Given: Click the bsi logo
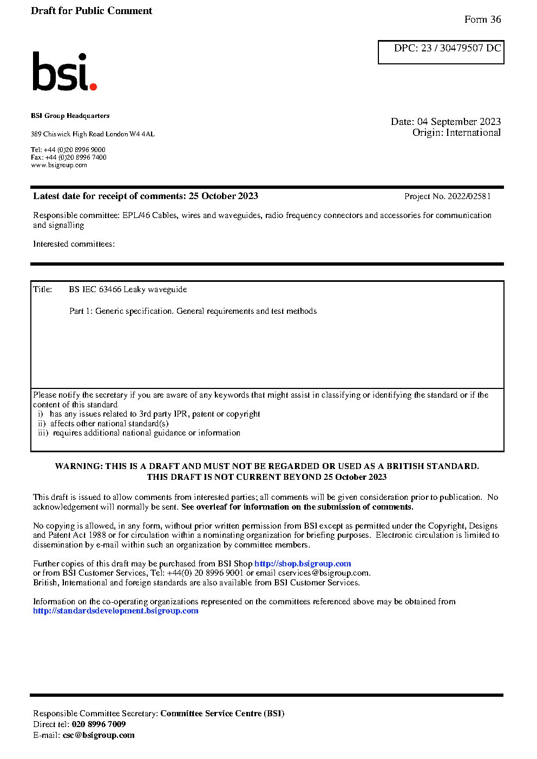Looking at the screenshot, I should (x=64, y=72).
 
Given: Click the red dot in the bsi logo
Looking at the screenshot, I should (x=93, y=86).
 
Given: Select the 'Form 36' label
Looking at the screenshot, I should (x=482, y=19).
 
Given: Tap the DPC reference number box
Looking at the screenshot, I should (x=441, y=52).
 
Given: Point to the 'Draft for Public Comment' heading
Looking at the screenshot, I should (x=91, y=11).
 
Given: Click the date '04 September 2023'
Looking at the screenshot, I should (x=459, y=122).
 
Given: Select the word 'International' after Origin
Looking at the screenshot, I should (x=473, y=133).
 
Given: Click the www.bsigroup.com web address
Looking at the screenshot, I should (x=59, y=165).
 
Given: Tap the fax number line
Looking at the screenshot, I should (x=69, y=157).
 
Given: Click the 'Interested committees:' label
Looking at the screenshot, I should (x=74, y=244).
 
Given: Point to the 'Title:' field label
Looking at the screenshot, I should (x=43, y=289).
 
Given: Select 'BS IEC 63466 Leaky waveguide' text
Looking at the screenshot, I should (x=128, y=289).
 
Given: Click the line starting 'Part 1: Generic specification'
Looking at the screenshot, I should (x=193, y=311).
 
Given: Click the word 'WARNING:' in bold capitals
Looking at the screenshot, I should (x=79, y=466).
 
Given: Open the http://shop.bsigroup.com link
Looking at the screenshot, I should (x=303, y=564).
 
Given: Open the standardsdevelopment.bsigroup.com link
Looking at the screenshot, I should (x=115, y=611).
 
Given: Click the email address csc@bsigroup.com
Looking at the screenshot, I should (x=99, y=735).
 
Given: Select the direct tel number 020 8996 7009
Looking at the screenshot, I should (x=99, y=724).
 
